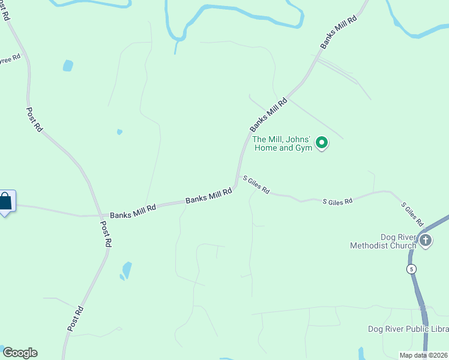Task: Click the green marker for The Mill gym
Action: pos(322,143)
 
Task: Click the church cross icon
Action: pos(425,241)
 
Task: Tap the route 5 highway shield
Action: pos(412,269)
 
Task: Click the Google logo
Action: pos(20,353)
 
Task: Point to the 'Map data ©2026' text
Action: pos(423,355)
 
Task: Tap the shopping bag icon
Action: pos(5,202)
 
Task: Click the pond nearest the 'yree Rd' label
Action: pos(68,65)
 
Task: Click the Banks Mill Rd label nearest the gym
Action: pos(268,115)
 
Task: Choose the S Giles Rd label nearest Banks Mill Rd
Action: pos(256,185)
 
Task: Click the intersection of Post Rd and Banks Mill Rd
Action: pos(100,215)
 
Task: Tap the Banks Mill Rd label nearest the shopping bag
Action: pos(133,211)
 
